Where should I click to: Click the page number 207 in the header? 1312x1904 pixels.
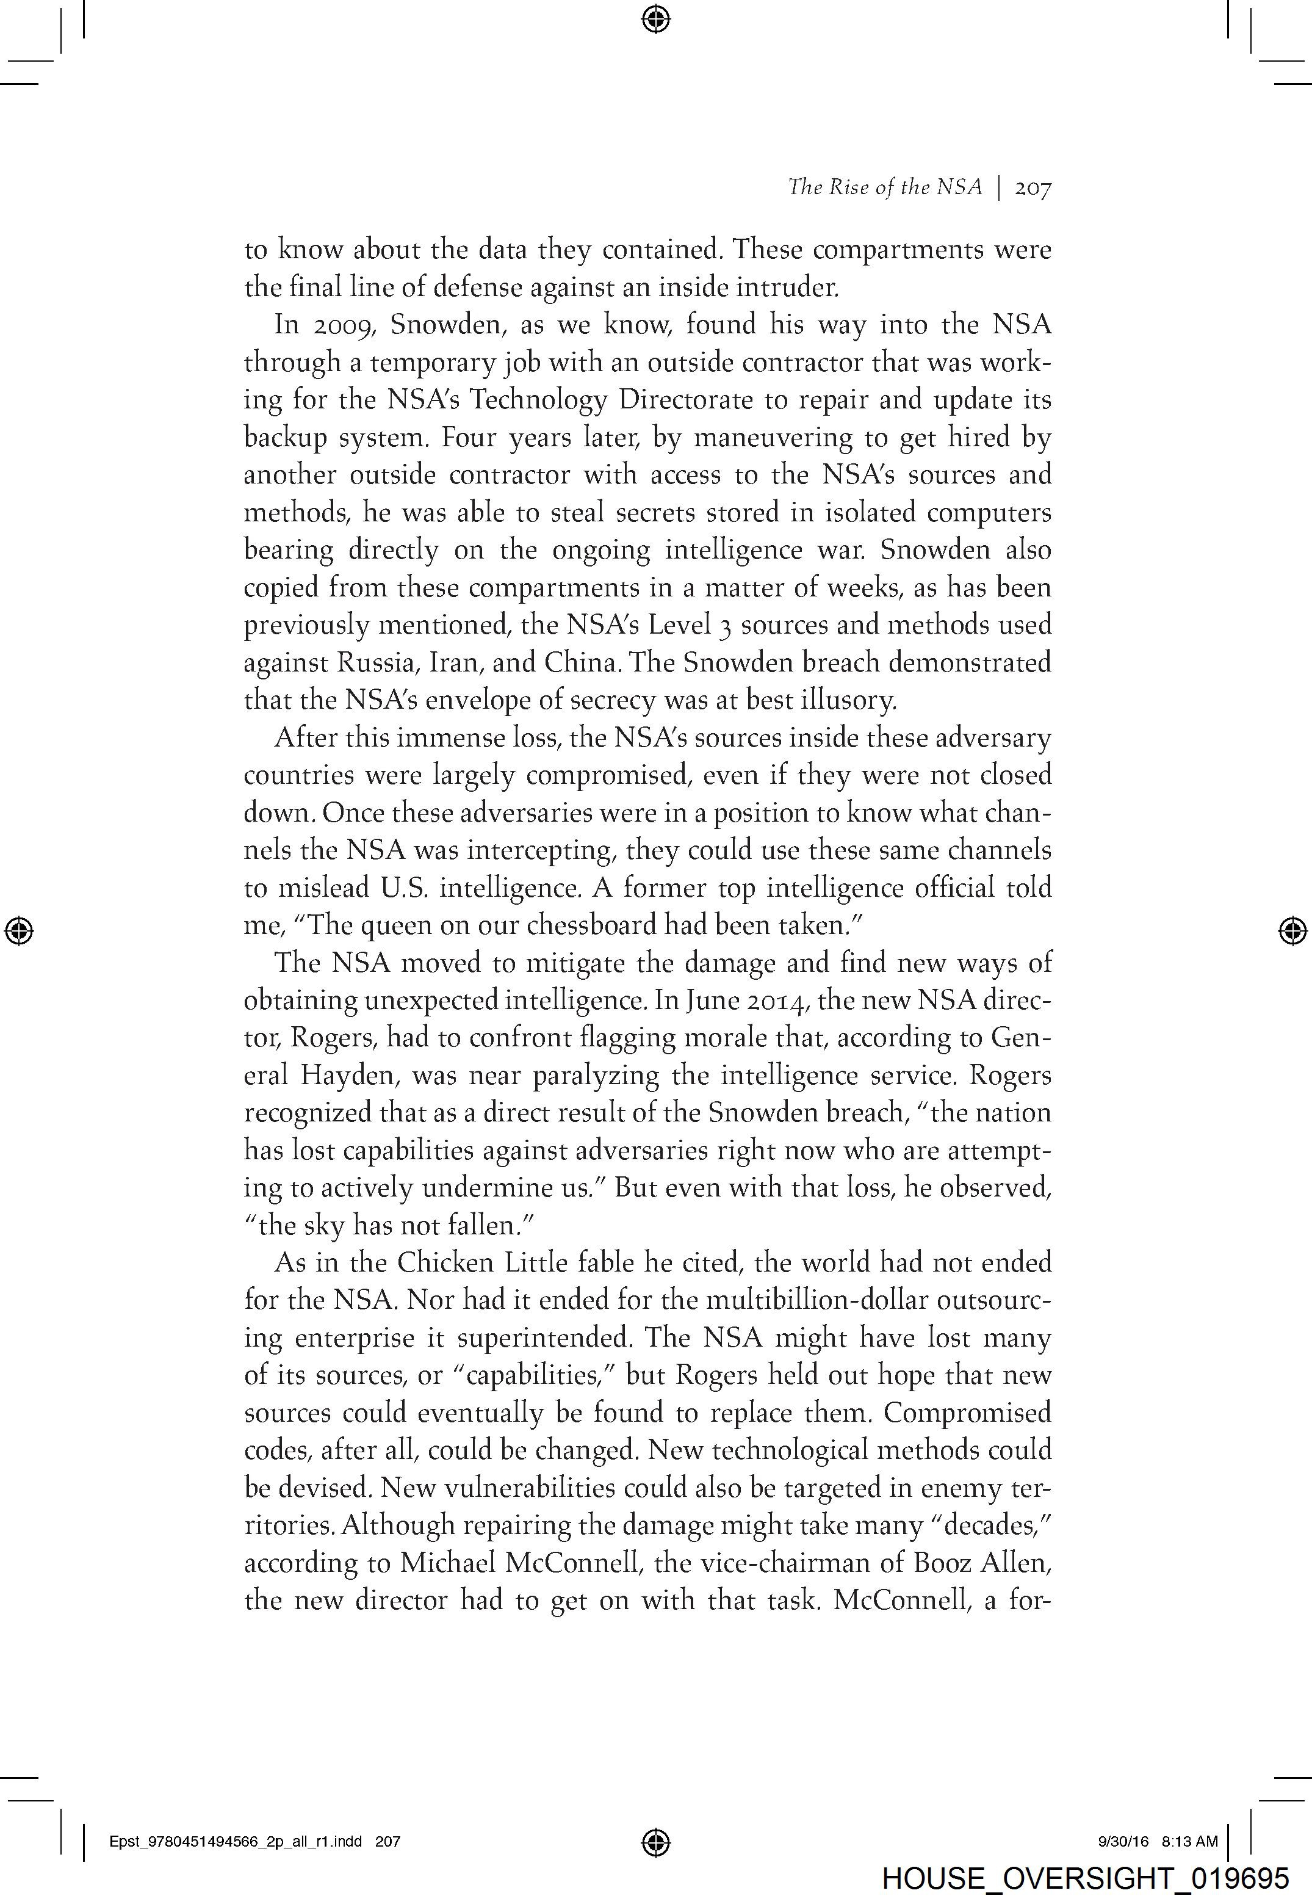coord(1033,188)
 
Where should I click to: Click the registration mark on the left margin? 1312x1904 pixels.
coord(19,930)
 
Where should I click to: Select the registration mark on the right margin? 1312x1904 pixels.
coord(1293,930)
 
